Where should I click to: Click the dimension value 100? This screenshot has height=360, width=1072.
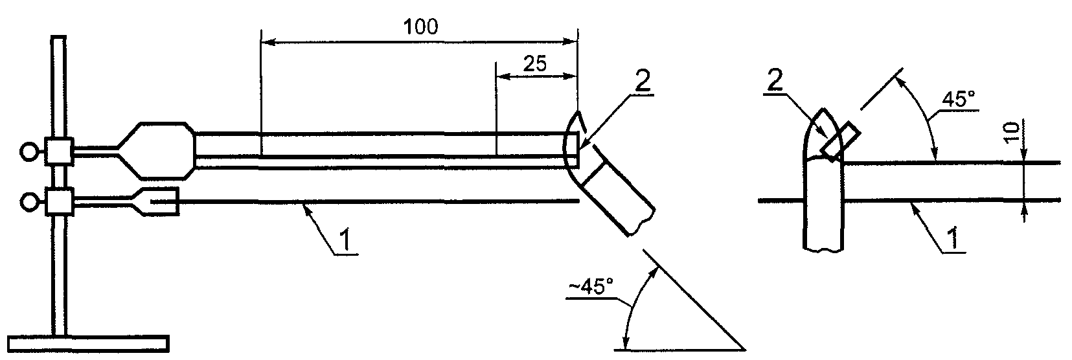tap(420, 27)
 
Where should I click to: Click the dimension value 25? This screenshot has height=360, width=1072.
tap(534, 63)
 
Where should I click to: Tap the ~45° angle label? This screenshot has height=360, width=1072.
tap(591, 288)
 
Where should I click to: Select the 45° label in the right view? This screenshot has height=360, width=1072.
tap(959, 100)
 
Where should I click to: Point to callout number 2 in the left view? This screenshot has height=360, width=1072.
tap(643, 82)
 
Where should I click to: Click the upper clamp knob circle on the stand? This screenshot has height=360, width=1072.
tap(28, 152)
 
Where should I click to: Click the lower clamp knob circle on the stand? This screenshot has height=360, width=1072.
tap(28, 202)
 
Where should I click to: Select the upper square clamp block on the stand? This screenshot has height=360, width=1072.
tap(59, 151)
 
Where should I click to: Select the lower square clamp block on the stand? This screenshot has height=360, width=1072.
tap(59, 202)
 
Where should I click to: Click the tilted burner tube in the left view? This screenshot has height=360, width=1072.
tap(615, 196)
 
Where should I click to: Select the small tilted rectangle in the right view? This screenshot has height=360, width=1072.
tap(840, 142)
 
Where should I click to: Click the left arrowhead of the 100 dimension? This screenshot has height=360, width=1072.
tap(268, 43)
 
